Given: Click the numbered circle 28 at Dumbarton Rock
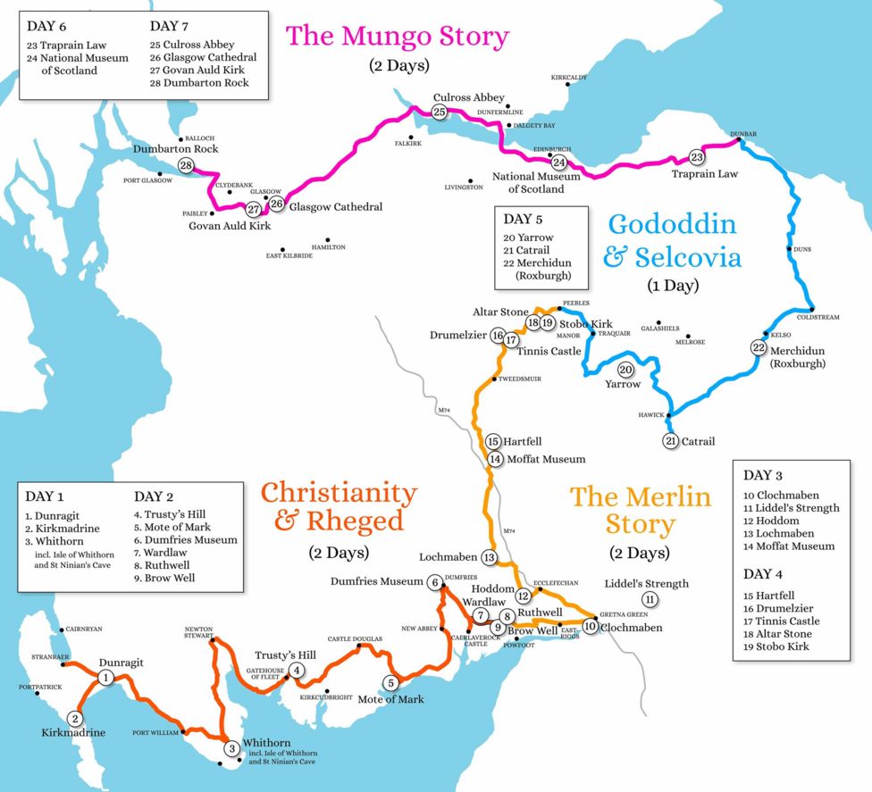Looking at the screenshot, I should (x=186, y=166).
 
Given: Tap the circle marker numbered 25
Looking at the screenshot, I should (x=439, y=112).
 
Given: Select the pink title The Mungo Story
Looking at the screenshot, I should (x=397, y=37).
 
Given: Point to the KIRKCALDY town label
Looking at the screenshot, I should (x=569, y=78).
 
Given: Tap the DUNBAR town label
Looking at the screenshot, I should (x=743, y=134).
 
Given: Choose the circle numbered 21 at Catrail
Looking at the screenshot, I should (x=671, y=441).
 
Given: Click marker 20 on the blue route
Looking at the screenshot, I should (x=625, y=370).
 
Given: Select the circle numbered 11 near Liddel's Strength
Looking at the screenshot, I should (x=650, y=599).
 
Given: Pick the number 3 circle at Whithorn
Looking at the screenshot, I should (x=231, y=748).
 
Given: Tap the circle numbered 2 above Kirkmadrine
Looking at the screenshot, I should (x=76, y=718).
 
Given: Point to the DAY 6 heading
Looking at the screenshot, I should (x=47, y=26).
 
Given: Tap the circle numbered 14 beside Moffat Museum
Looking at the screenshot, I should (x=495, y=459).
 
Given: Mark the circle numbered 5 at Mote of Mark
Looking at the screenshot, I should (x=390, y=683).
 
